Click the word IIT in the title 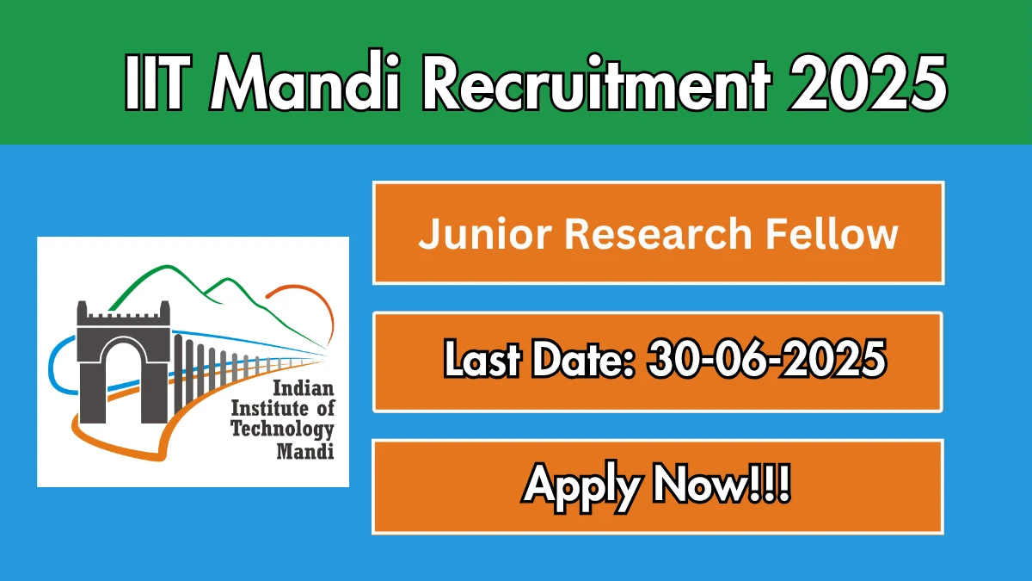click(157, 83)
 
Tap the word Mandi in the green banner click(304, 81)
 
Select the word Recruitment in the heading click(596, 83)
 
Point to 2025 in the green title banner click(868, 83)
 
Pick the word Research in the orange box click(658, 234)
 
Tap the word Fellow click(832, 233)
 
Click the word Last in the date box click(482, 360)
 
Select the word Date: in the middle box click(584, 360)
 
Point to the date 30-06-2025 click(766, 359)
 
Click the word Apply click(582, 487)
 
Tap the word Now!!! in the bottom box click(722, 484)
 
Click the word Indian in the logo click(303, 389)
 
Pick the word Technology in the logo click(282, 430)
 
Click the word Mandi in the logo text click(305, 450)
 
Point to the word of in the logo click(325, 409)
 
